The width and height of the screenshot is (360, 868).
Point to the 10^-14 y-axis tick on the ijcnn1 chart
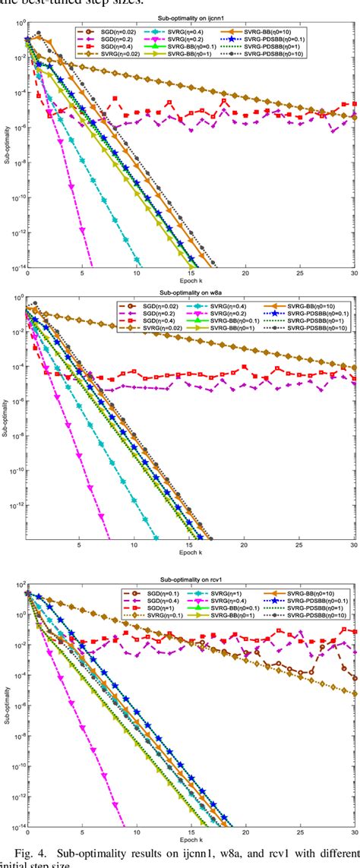(x=15, y=267)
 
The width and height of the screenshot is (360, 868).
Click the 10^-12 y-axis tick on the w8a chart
(x=15, y=504)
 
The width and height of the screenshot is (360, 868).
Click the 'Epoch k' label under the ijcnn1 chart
(x=190, y=282)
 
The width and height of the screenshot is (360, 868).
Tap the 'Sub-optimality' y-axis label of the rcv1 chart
(x=5, y=699)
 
